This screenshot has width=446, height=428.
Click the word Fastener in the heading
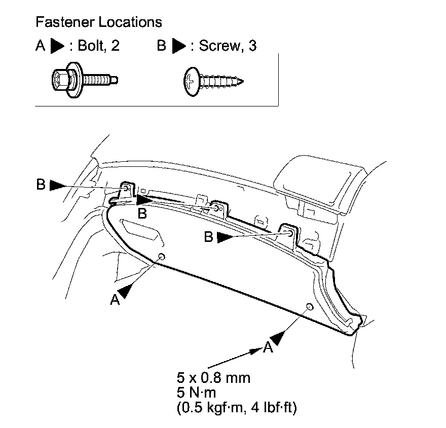(60, 22)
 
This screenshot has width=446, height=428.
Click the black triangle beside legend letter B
(179, 46)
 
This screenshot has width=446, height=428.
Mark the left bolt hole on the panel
(162, 257)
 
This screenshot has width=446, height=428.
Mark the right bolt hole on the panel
(309, 306)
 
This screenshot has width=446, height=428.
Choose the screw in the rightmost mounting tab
(289, 232)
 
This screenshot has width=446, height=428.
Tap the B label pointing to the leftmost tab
(41, 185)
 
